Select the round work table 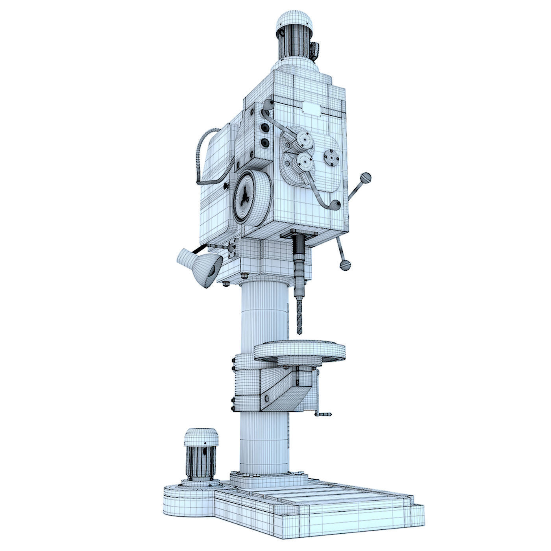pos(299,350)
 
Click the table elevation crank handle pos(325,414)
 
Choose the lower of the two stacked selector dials pos(305,161)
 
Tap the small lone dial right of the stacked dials pos(331,158)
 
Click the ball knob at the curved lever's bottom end pos(335,205)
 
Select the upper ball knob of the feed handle pos(366,178)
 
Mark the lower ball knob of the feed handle pos(345,264)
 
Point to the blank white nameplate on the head pos(312,107)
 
